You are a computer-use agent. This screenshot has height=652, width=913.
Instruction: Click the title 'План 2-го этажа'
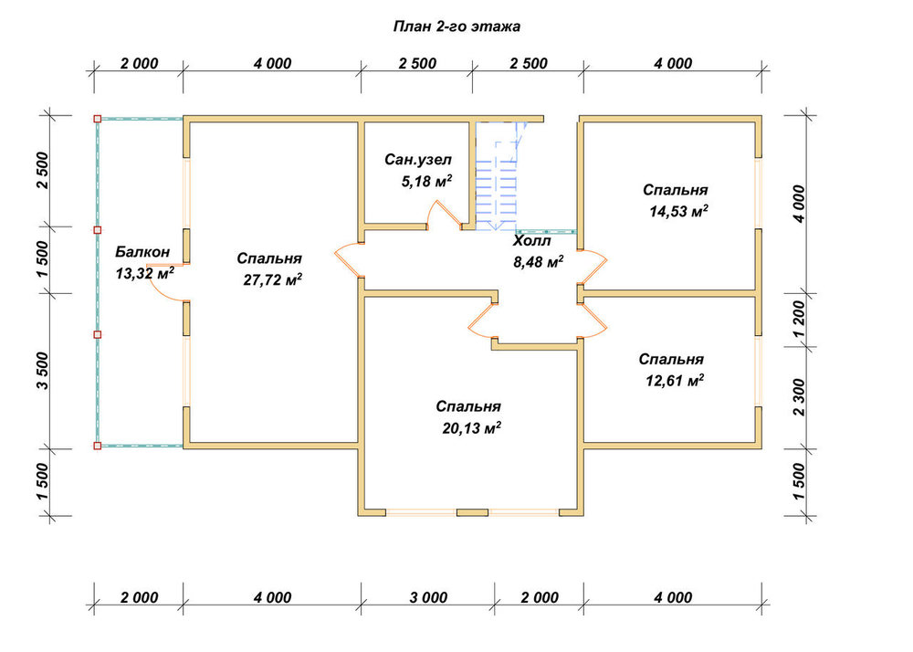[x=456, y=26]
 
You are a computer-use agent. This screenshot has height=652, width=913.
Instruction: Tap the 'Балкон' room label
[x=142, y=252]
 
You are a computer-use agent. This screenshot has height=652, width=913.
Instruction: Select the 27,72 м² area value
[x=272, y=279]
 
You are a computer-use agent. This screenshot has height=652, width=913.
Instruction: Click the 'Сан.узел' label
[x=418, y=160]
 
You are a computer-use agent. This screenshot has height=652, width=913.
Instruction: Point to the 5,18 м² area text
[x=426, y=181]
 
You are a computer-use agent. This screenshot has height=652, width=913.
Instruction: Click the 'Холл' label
[x=531, y=240]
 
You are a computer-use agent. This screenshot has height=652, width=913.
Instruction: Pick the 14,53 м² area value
[x=679, y=211]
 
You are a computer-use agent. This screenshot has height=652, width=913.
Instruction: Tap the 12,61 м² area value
[x=675, y=381]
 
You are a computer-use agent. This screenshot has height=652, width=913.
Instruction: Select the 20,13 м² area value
[x=472, y=428]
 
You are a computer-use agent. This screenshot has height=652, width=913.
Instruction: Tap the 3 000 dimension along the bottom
[x=428, y=597]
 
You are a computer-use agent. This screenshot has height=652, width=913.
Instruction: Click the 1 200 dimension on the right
[x=798, y=319]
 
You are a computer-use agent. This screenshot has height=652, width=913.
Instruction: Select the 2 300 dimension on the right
[x=798, y=397]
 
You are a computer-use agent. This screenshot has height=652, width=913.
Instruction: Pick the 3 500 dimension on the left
[x=42, y=371]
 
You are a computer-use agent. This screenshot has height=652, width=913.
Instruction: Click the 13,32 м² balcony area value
[x=145, y=272]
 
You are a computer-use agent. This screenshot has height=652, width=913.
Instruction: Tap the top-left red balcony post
[x=98, y=119]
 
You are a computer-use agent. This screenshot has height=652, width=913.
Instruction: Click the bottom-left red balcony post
[x=98, y=446]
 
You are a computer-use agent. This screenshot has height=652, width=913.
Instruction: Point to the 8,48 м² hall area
[x=538, y=262]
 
